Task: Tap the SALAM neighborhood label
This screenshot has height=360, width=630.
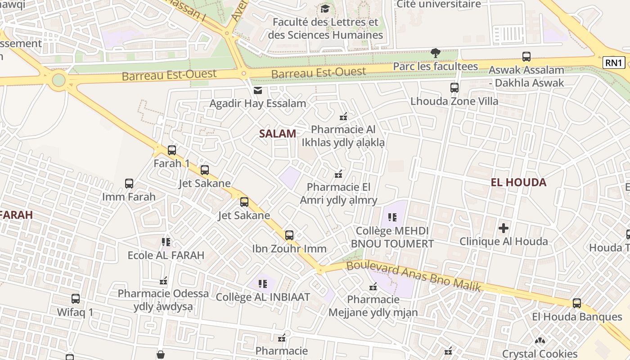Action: (x=278, y=133)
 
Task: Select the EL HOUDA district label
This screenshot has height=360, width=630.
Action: (x=518, y=182)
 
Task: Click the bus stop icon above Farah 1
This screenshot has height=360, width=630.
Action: (x=171, y=150)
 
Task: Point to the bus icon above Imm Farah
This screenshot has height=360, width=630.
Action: (x=129, y=184)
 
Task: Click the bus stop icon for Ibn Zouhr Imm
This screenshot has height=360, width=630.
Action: (x=289, y=235)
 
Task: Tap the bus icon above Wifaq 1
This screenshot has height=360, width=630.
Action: (x=76, y=299)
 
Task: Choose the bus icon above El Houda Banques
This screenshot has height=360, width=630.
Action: (x=577, y=303)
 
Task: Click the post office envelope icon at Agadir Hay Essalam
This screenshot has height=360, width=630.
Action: (x=258, y=91)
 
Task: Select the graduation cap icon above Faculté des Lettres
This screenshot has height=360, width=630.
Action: (x=325, y=9)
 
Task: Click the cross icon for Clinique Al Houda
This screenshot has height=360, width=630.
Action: (x=504, y=228)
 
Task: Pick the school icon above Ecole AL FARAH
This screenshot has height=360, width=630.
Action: (x=166, y=242)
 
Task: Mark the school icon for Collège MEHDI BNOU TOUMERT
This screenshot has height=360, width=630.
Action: (x=392, y=218)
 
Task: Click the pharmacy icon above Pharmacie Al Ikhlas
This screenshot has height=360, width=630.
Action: (x=343, y=117)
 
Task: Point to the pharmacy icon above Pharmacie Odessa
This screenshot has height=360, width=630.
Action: (x=164, y=281)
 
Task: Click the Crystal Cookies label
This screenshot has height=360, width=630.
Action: (x=540, y=354)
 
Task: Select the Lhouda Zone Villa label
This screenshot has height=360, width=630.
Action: (x=454, y=101)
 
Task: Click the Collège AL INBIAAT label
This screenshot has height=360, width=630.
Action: (x=263, y=297)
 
